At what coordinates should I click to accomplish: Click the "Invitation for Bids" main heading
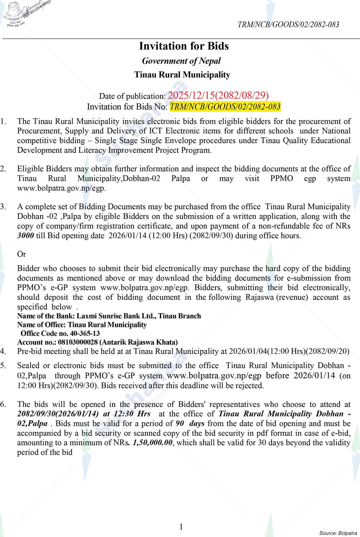(x=184, y=46)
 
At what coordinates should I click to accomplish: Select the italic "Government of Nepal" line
(x=181, y=61)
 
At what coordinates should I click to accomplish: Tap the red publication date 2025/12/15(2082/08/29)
(x=218, y=95)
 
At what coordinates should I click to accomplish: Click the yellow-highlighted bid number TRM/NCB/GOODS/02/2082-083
(x=225, y=107)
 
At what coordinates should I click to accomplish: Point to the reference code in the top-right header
(x=288, y=25)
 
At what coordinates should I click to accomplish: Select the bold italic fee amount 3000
(x=26, y=236)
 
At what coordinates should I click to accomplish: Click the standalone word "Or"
(x=22, y=254)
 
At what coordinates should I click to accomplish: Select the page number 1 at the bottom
(x=181, y=527)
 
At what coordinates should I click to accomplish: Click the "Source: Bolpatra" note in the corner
(x=338, y=533)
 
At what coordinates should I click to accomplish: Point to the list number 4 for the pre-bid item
(x=3, y=351)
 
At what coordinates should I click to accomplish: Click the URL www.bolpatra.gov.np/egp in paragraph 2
(x=61, y=188)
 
